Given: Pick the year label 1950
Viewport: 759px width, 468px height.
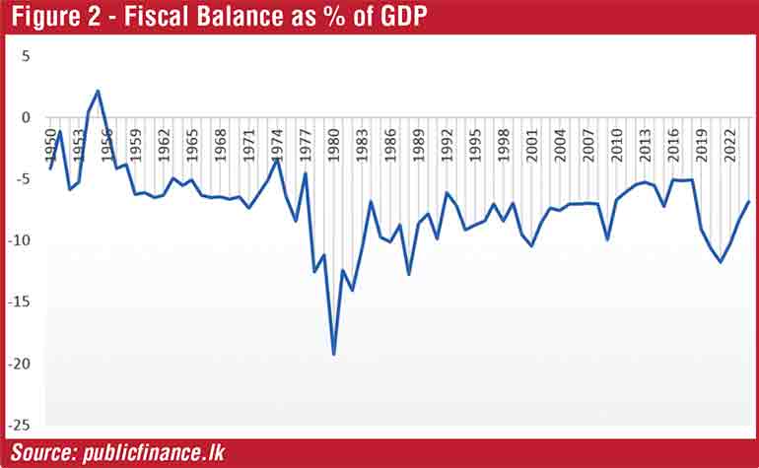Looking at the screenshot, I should pos(50,147).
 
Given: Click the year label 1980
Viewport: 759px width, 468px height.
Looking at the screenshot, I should pos(335,147).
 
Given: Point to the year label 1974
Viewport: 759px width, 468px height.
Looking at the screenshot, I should pos(278,147).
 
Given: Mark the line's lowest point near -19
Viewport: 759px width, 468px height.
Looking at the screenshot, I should pos(334,354).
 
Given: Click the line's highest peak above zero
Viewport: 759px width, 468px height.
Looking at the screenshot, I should pos(98,91).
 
